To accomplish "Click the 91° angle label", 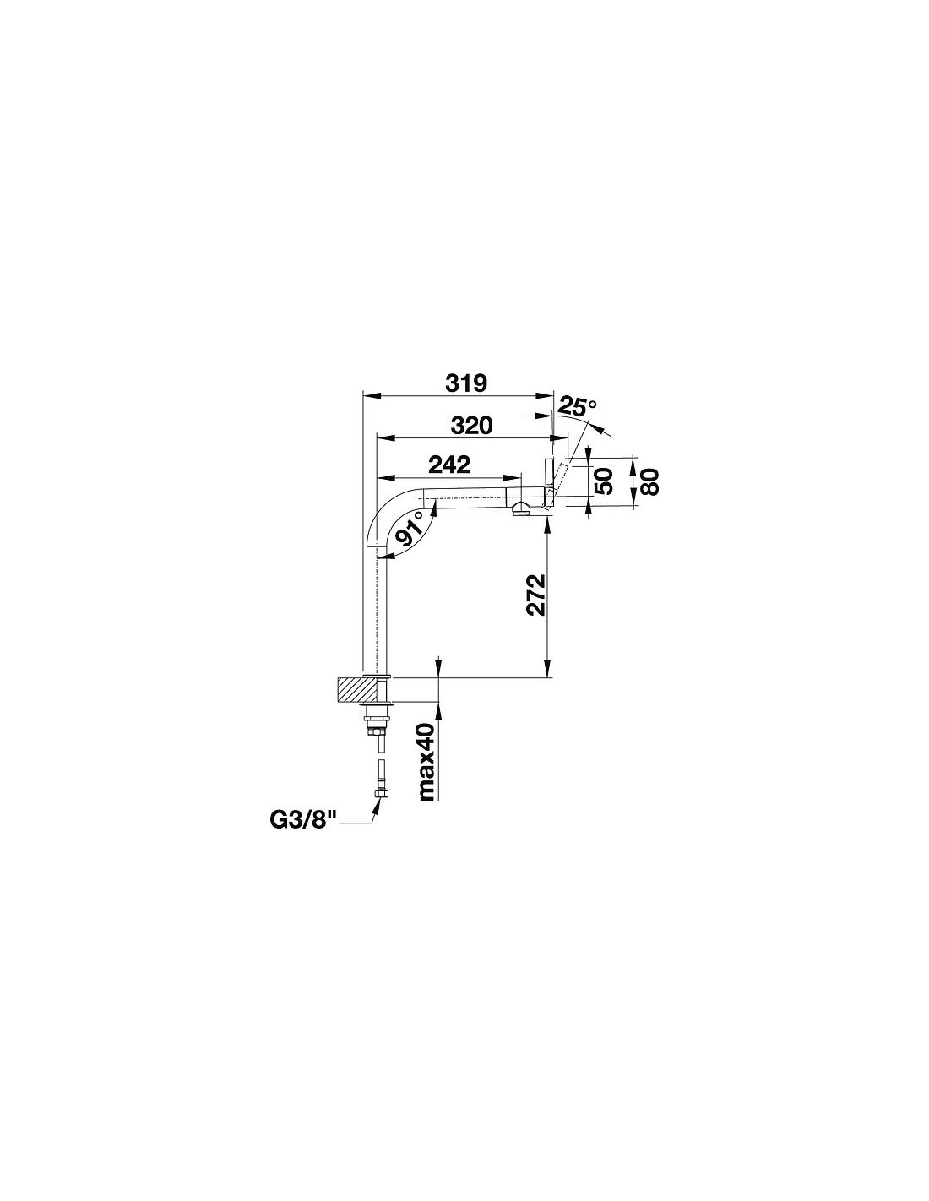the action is tap(410, 529).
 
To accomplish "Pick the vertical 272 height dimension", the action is tap(535, 595).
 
